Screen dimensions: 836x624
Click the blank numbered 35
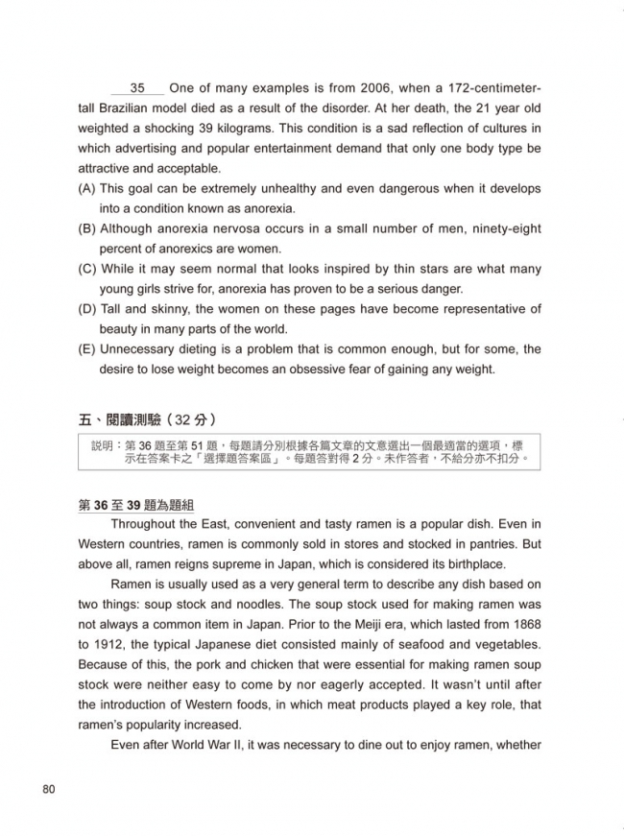tap(137, 88)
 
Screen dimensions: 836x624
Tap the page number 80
tap(51, 790)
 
